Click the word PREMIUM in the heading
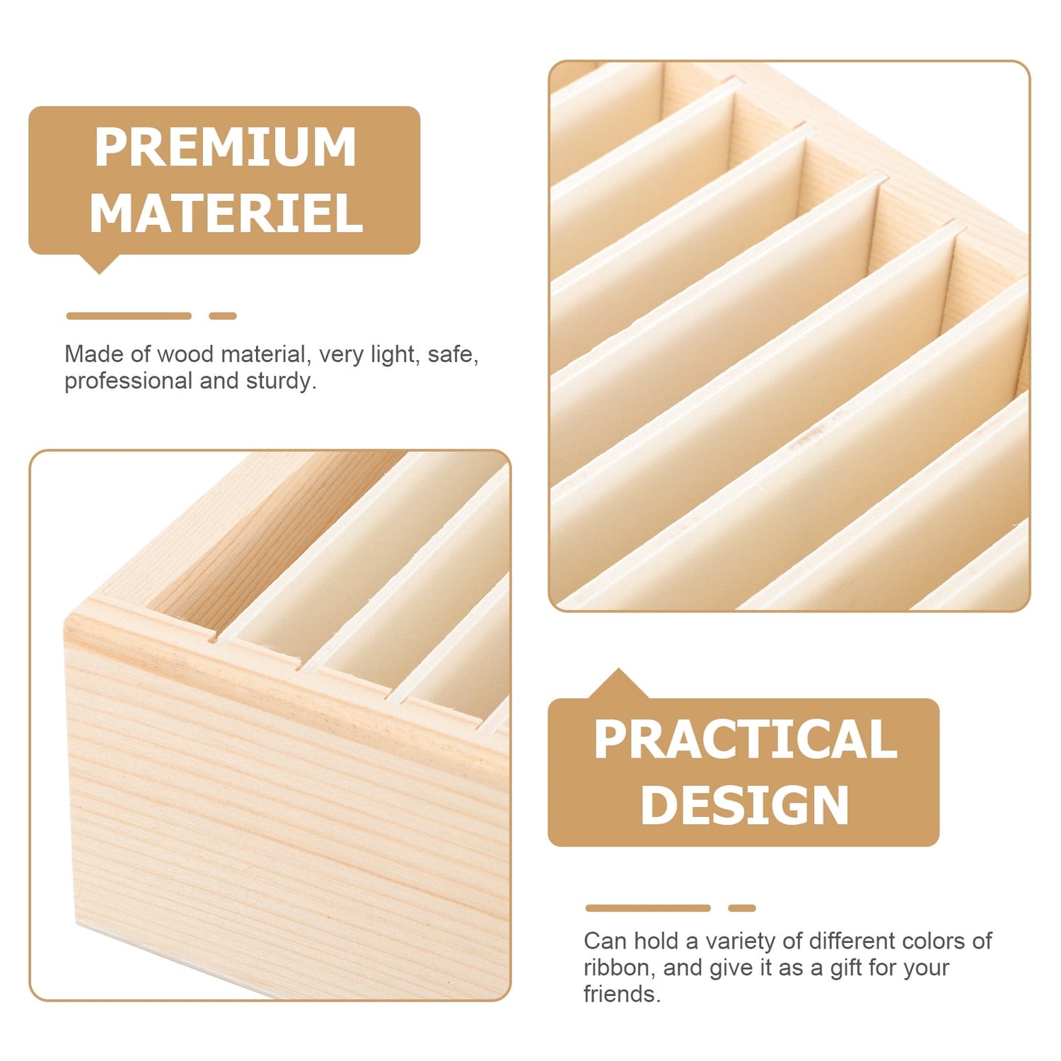(226, 147)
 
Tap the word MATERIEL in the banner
(226, 213)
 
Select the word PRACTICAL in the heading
(746, 739)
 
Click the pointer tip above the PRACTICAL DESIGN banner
(619, 669)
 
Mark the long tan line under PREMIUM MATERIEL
(129, 316)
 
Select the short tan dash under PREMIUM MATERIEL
(223, 316)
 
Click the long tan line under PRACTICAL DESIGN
(648, 908)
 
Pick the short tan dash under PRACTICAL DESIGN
(742, 908)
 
